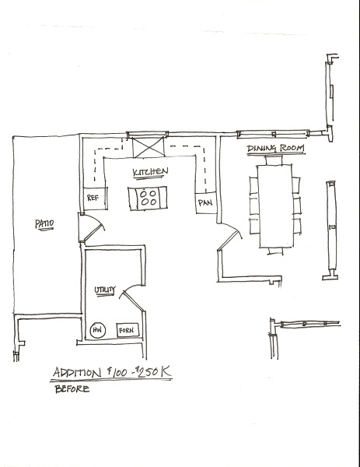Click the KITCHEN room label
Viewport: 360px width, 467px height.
pos(150,172)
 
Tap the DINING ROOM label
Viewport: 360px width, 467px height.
pos(275,148)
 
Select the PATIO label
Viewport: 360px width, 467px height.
pos(44,223)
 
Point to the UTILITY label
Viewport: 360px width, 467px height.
pos(105,290)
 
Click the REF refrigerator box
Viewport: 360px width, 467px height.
pos(95,198)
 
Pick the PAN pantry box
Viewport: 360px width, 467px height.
pos(206,203)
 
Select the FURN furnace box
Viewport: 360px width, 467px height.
pos(128,330)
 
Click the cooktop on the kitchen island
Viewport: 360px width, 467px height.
pos(148,198)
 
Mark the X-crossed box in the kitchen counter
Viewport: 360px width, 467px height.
pos(149,147)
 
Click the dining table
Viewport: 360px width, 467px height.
pos(275,206)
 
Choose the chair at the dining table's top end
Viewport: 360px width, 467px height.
pos(274,160)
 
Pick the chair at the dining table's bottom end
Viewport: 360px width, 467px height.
pos(275,251)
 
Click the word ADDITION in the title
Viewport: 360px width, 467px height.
pos(77,373)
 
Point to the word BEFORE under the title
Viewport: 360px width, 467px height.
pos(72,389)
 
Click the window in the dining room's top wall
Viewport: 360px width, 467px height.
pos(274,134)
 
